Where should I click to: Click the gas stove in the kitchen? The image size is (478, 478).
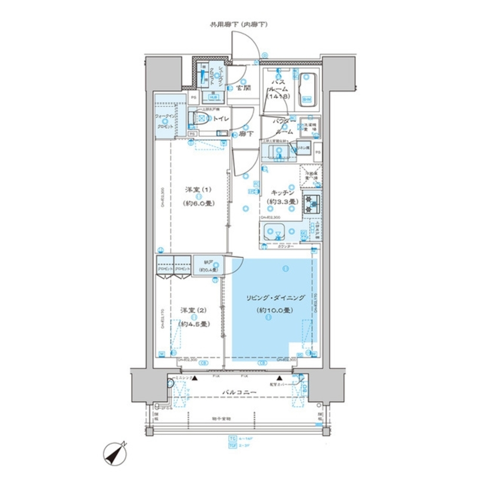click(x=311, y=204)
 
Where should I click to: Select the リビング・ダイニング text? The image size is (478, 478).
click(x=275, y=297)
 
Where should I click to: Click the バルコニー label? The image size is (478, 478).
click(x=239, y=392)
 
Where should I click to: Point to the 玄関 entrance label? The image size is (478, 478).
click(x=243, y=88)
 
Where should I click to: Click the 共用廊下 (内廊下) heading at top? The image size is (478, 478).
click(x=239, y=24)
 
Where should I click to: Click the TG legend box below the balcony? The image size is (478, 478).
click(x=232, y=438)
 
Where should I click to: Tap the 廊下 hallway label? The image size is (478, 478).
click(x=246, y=134)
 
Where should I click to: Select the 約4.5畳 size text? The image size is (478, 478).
click(x=194, y=324)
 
